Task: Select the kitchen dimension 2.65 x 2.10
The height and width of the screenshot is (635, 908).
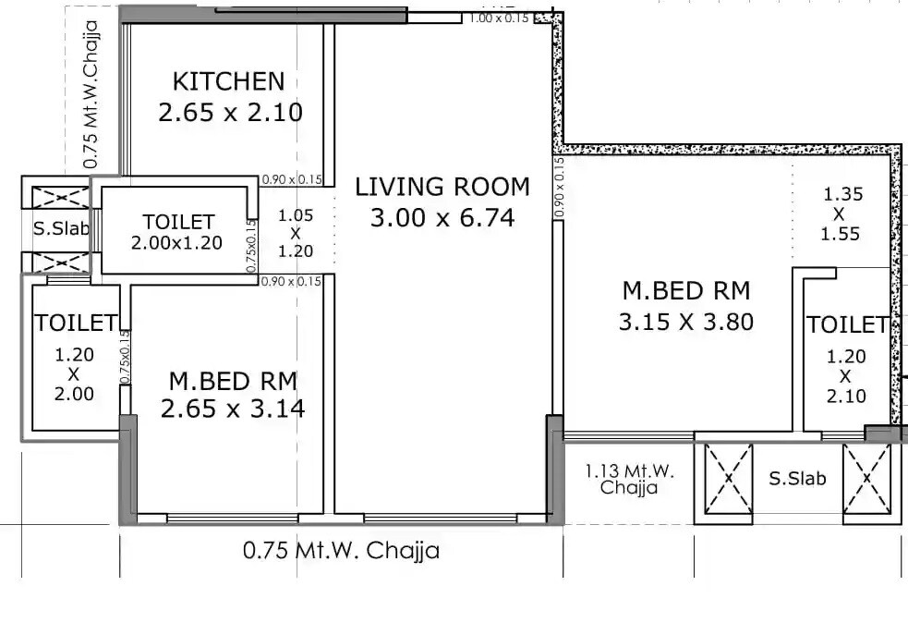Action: pos(230,113)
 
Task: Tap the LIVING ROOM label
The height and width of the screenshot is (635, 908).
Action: pos(442,187)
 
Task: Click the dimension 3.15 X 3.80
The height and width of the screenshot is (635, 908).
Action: pos(686,322)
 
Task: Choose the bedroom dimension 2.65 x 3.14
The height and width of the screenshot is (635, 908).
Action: pos(232,408)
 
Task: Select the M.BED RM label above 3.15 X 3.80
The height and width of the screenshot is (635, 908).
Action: pos(686,291)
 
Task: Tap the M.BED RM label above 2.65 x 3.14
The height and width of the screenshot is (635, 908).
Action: pos(232,380)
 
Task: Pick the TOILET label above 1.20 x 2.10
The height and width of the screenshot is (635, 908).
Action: pos(847,325)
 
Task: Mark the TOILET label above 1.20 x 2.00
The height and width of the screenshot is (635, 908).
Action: pos(75,323)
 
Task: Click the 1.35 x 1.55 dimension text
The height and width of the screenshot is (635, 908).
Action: pos(841,214)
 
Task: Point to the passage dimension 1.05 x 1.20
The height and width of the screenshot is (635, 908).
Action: pos(296,233)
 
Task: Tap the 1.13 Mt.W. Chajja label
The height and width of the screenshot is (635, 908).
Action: pos(629,479)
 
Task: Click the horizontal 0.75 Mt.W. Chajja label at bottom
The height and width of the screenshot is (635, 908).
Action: pos(341,551)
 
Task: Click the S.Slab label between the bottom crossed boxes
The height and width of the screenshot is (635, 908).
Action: pos(797,479)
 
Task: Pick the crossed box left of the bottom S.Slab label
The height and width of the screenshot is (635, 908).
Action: pos(728,479)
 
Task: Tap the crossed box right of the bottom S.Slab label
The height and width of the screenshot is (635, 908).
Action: pos(866,479)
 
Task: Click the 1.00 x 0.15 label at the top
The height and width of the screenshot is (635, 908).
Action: pos(500,17)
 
